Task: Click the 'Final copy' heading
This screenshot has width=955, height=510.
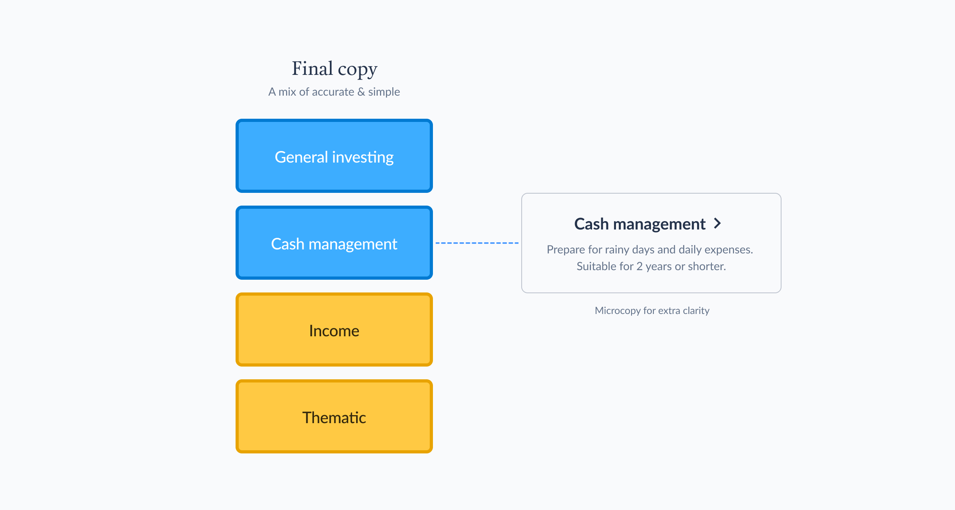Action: click(334, 69)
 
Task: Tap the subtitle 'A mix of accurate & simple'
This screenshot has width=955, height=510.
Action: click(334, 92)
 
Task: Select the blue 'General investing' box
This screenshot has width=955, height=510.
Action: click(334, 156)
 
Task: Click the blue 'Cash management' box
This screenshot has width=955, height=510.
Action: click(334, 243)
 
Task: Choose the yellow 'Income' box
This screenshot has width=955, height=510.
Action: click(334, 330)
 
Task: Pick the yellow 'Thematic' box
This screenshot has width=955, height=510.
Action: click(334, 416)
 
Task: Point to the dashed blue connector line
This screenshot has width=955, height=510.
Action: click(477, 243)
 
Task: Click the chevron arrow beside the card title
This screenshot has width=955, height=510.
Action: click(717, 224)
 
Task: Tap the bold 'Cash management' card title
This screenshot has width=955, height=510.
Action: click(640, 224)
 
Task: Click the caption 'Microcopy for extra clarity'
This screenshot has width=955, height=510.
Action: click(652, 310)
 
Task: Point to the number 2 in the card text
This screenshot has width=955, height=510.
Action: click(639, 266)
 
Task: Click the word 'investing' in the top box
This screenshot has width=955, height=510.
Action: click(363, 157)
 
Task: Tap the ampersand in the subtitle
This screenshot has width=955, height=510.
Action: click(361, 92)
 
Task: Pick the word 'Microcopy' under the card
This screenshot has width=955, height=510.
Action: click(618, 311)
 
